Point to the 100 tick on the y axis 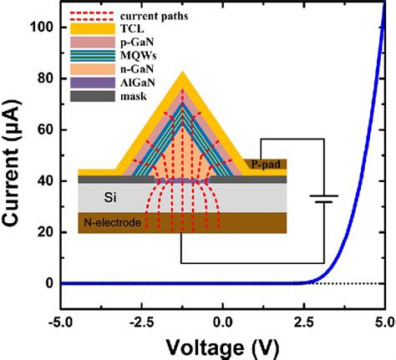tap(42, 28)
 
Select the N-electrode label tap(112, 222)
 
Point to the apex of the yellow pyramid tap(183, 74)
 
